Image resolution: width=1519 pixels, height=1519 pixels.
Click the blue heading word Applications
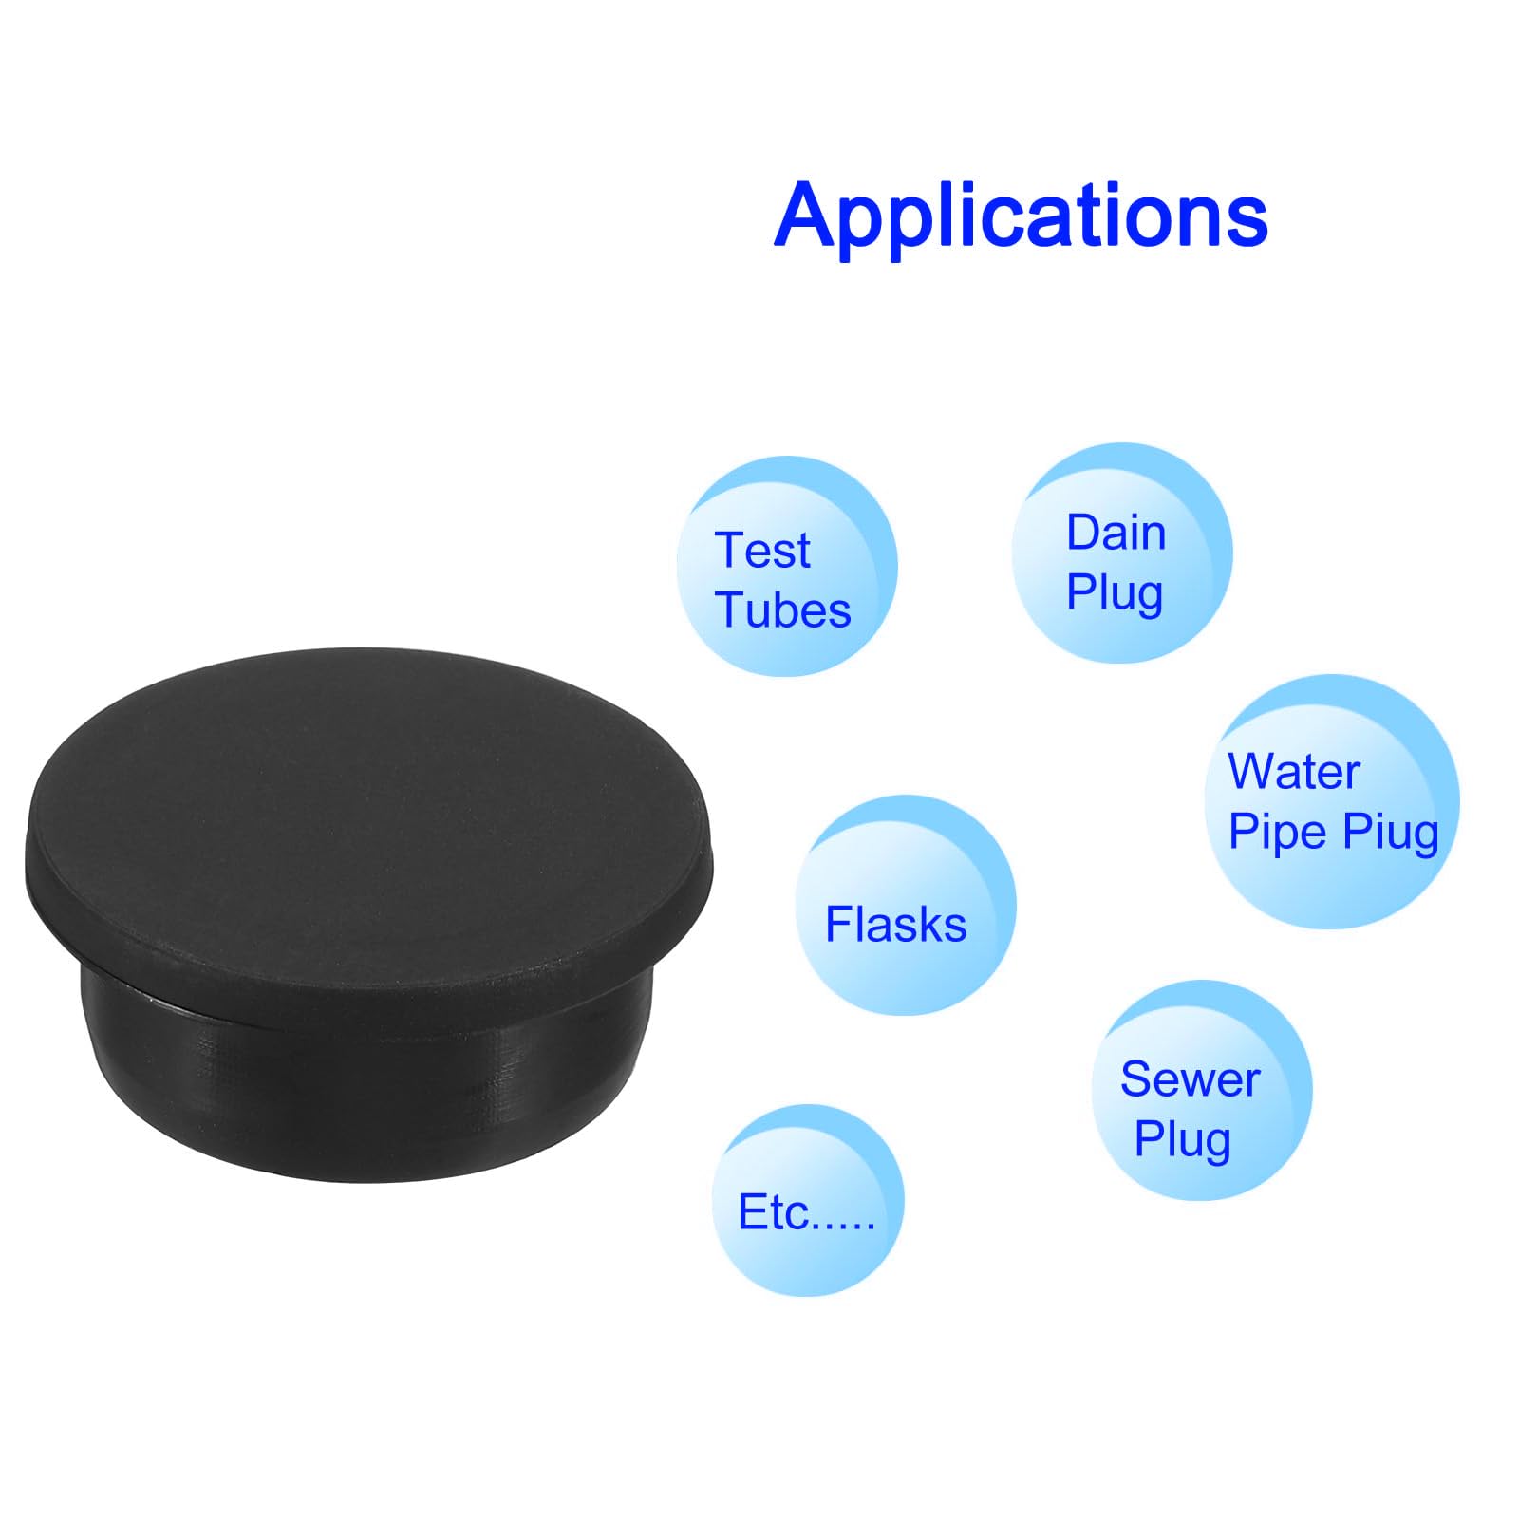[1021, 216]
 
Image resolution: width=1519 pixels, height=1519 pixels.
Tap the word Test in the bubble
[762, 551]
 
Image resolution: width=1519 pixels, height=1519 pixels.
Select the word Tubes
[783, 609]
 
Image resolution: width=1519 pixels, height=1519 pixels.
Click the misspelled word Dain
[1116, 533]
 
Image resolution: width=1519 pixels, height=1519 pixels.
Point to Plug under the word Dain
[1114, 594]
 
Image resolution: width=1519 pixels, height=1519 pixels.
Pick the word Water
[1293, 771]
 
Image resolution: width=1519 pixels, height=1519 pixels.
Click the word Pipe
[1277, 833]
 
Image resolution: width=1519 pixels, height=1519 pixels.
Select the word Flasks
[895, 925]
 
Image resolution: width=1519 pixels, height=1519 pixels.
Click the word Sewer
[1190, 1079]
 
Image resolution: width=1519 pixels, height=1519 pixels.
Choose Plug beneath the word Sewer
[1182, 1139]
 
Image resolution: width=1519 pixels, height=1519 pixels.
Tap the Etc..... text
[806, 1212]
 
